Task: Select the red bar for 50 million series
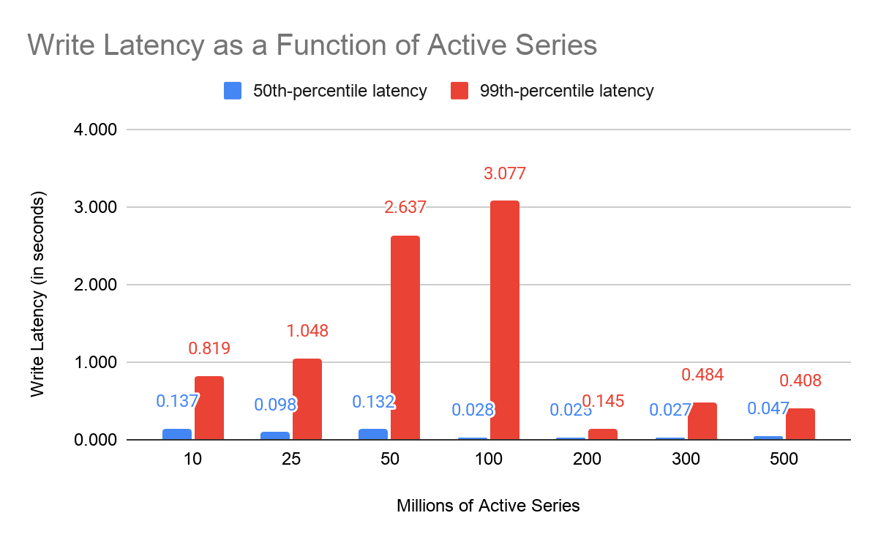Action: tap(405, 337)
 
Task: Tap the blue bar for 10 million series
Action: tap(177, 434)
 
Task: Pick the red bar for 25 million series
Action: tap(307, 399)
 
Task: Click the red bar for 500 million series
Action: tap(800, 424)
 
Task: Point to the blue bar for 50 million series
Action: tap(373, 434)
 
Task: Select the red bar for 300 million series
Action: tap(702, 421)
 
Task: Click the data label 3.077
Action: tap(505, 174)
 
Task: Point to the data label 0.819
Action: tap(209, 348)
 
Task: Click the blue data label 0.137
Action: tap(177, 401)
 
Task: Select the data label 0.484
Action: tap(702, 375)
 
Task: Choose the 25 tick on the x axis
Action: tap(291, 460)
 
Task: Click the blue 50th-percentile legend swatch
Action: tap(231, 91)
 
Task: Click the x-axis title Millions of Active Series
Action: tap(488, 506)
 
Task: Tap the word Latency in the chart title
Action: tap(150, 45)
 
